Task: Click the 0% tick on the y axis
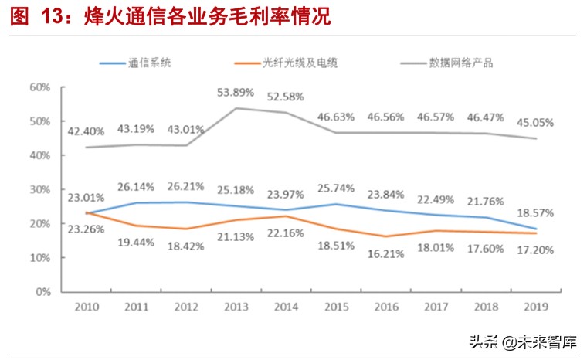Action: [43, 292]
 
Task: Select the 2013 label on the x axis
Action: [236, 307]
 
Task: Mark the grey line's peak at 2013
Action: [236, 108]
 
